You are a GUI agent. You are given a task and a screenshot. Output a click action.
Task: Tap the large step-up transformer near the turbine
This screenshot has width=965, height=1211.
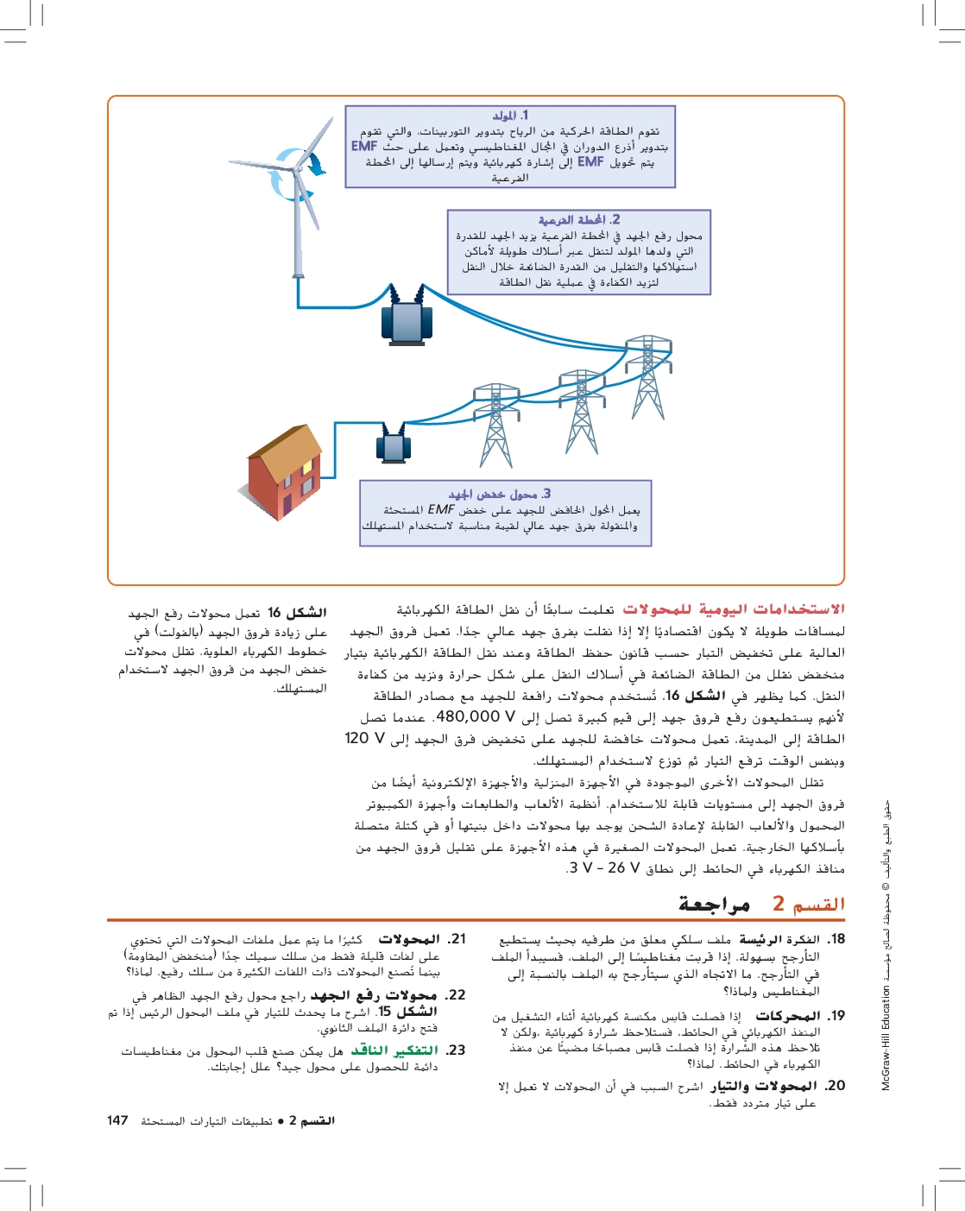click(x=406, y=321)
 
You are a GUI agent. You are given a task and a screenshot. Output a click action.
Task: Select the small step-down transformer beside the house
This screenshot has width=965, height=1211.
click(x=394, y=445)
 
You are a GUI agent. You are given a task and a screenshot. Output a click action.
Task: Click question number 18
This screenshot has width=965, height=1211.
click(x=836, y=939)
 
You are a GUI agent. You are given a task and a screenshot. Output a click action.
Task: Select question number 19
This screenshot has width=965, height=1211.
click(x=836, y=1016)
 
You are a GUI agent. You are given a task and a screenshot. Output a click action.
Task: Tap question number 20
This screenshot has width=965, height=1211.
click(x=835, y=1086)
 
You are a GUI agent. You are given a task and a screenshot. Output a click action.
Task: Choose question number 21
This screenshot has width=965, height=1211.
click(x=457, y=939)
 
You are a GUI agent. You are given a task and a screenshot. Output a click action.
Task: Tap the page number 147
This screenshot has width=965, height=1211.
click(x=117, y=1120)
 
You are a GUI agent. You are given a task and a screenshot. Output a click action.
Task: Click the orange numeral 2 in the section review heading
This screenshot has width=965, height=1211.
click(x=779, y=904)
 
